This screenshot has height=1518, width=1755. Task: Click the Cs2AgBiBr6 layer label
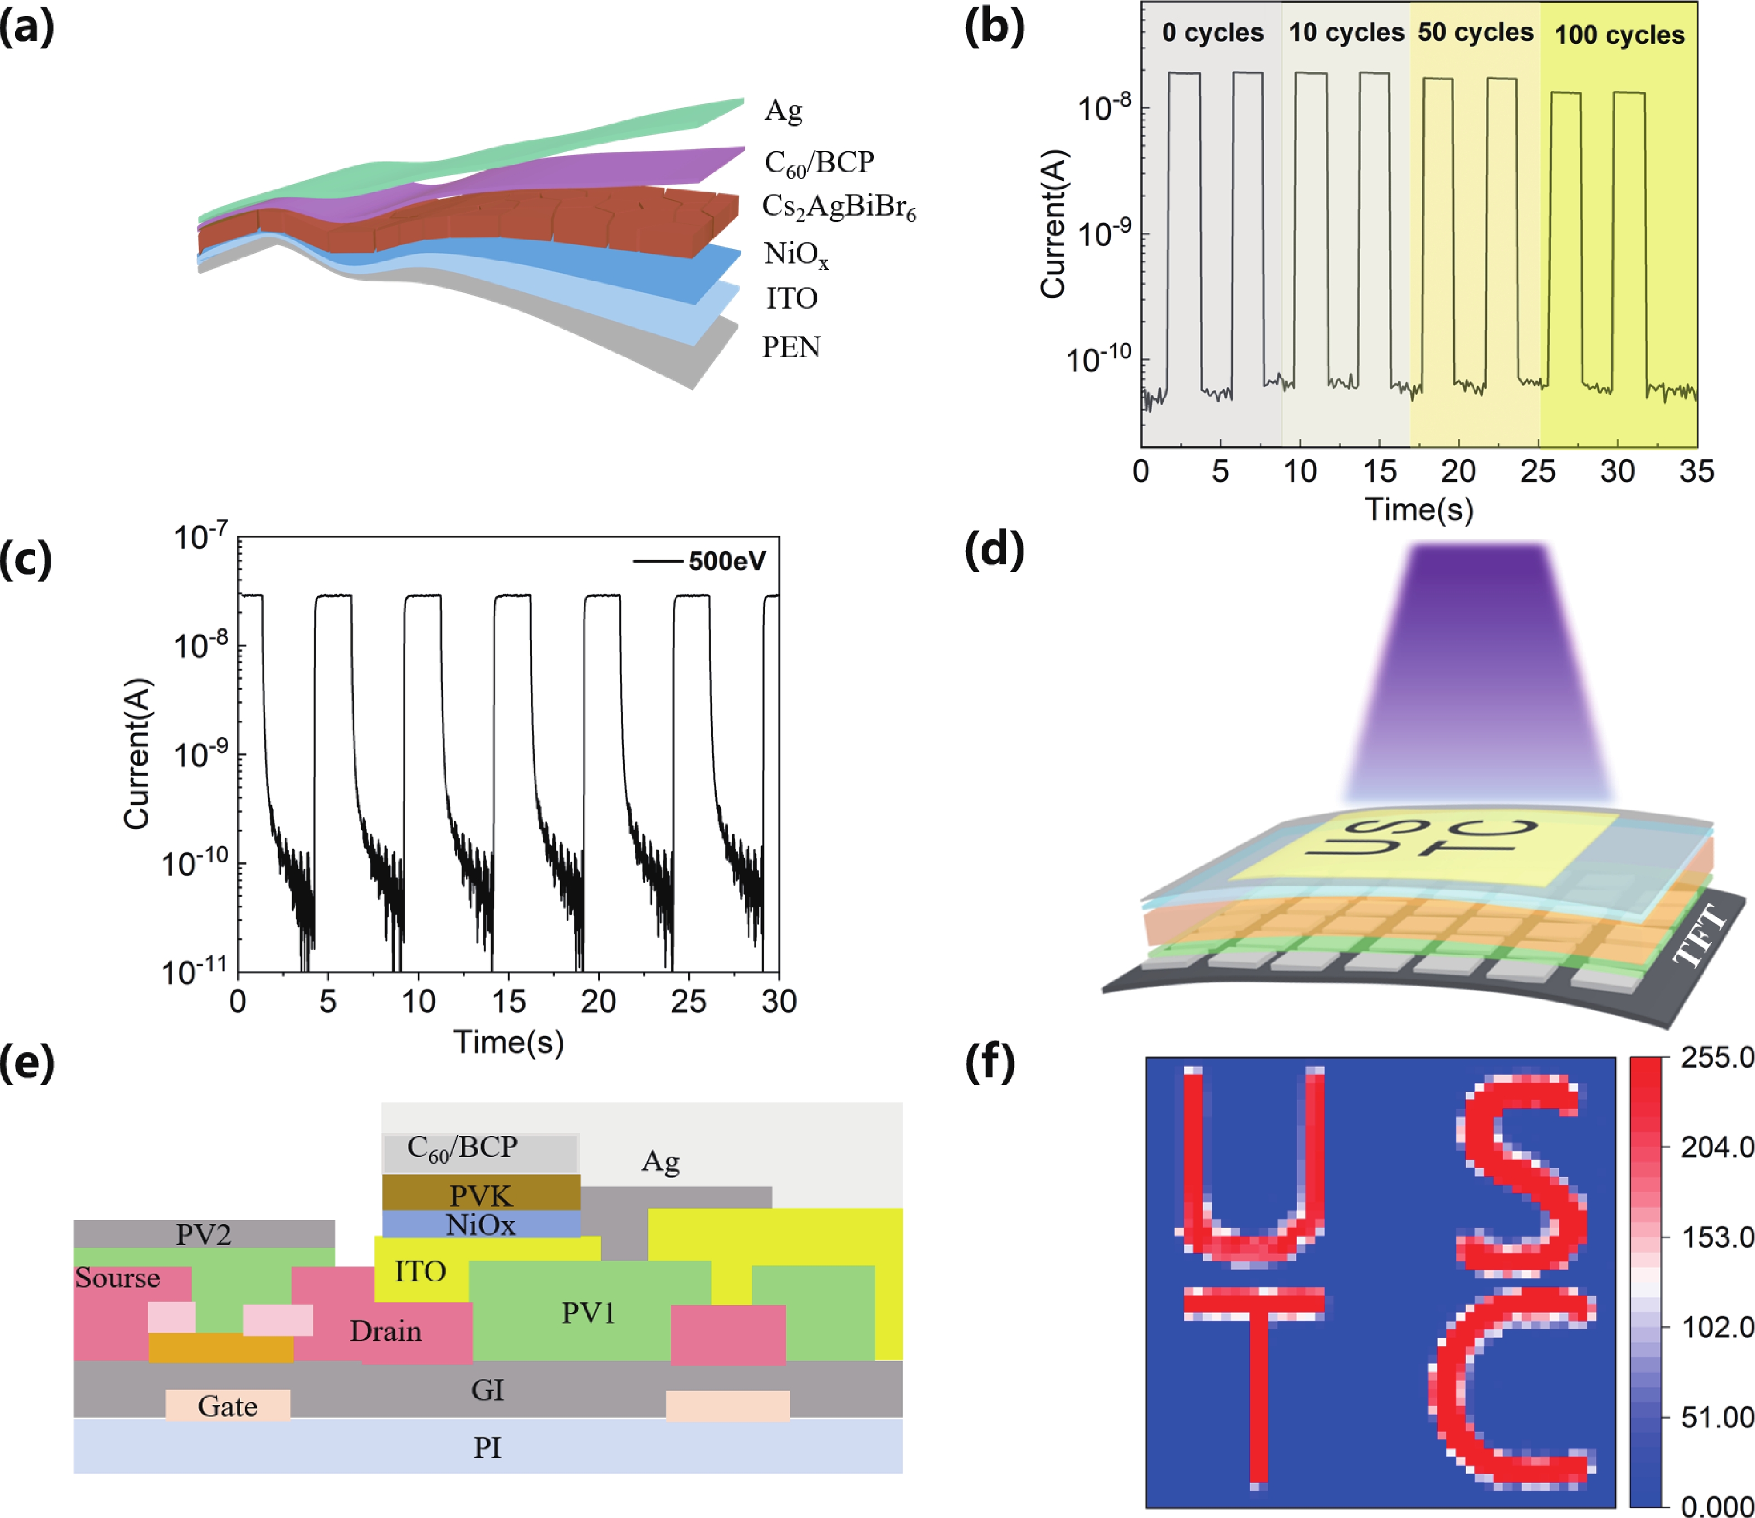coord(838,207)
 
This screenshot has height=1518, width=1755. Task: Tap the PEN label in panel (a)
coord(791,347)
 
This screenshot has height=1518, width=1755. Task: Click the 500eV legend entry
coord(726,561)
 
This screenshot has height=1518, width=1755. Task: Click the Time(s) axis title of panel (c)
coord(508,1042)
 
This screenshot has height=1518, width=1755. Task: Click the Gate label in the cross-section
coord(227,1406)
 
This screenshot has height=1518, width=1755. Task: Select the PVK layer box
coord(481,1194)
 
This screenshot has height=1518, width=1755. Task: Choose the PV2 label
coord(203,1234)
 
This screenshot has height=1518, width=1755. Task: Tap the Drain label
coord(386,1331)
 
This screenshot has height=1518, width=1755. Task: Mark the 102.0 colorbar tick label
coord(1716,1326)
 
